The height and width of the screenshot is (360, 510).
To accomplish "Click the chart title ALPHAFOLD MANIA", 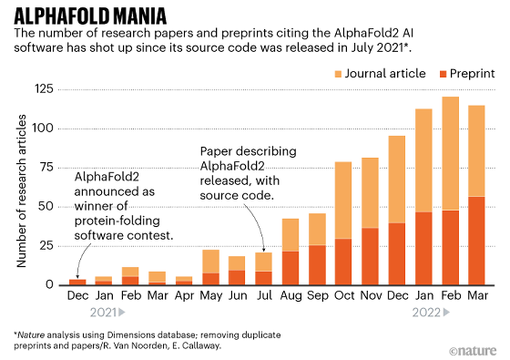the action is click(x=90, y=16).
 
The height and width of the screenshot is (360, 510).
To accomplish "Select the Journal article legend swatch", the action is click(x=338, y=74).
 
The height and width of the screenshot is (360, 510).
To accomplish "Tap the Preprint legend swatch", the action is click(x=443, y=74).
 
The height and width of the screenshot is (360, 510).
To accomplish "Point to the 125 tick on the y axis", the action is click(x=44, y=88).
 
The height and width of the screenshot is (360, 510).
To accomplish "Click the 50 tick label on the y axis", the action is click(x=46, y=206).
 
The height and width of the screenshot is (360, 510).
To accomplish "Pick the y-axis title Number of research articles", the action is click(x=21, y=191).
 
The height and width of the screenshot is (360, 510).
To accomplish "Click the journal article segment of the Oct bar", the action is click(x=343, y=201).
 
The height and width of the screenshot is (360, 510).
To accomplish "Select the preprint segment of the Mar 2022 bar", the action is click(x=476, y=241).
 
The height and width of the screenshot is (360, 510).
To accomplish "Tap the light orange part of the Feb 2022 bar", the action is click(x=450, y=154).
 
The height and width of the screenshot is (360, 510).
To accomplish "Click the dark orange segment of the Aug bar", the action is click(x=291, y=268).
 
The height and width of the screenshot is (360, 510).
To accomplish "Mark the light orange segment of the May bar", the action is click(x=210, y=262).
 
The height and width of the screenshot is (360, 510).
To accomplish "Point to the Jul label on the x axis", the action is click(x=264, y=295).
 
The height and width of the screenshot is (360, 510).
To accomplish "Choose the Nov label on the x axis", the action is click(x=372, y=295).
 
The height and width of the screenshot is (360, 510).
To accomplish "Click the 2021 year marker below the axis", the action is click(x=107, y=313).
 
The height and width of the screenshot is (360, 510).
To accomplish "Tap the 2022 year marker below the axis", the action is click(x=431, y=313).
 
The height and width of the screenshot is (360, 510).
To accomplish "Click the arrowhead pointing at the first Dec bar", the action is click(x=77, y=276).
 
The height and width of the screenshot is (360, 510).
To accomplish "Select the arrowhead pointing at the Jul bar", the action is click(x=264, y=250).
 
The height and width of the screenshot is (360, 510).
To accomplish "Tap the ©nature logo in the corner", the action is click(x=473, y=351).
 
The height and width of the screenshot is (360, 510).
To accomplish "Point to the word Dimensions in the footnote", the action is click(x=127, y=335).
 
